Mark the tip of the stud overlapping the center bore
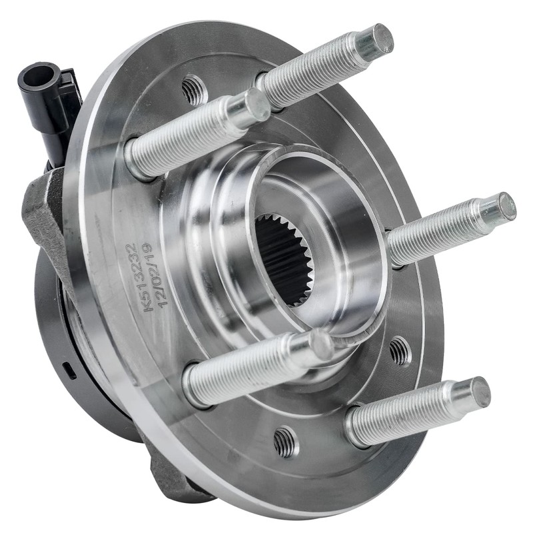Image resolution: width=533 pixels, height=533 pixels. coord(322,344)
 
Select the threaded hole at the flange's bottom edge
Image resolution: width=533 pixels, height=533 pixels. coord(286,440)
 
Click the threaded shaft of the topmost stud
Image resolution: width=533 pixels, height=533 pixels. coord(313,69)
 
